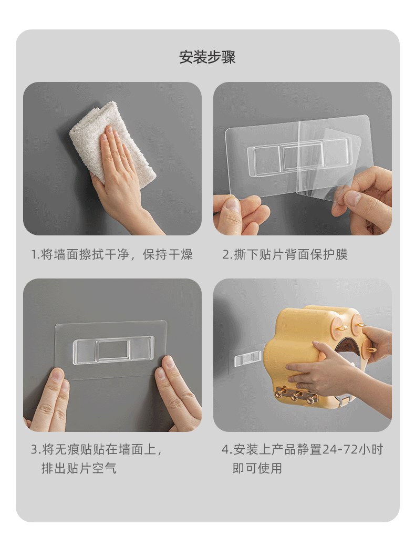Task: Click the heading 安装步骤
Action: [x=207, y=57]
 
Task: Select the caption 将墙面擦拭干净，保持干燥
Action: [x=117, y=255]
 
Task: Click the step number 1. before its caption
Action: [x=35, y=255]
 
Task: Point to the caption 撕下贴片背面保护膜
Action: [x=290, y=255]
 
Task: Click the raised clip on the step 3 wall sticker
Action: [x=113, y=349]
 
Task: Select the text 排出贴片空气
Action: [x=79, y=468]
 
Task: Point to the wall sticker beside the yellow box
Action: [x=245, y=359]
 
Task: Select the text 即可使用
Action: [x=257, y=468]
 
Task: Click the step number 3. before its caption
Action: [x=35, y=450]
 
